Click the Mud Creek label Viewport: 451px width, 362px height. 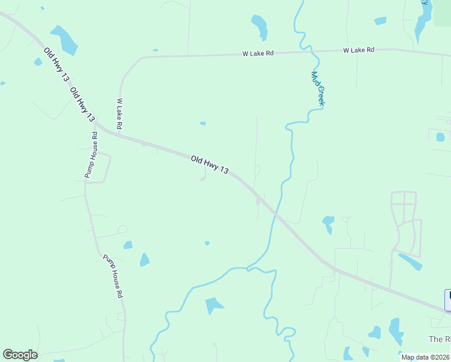(x=318, y=89)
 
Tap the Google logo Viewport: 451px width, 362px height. (x=20, y=355)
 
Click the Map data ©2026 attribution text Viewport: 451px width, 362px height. (x=425, y=357)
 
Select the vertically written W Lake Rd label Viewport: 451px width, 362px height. (x=119, y=113)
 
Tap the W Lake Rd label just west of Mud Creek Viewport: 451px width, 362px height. (x=258, y=54)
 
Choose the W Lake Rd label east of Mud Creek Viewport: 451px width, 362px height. (x=359, y=50)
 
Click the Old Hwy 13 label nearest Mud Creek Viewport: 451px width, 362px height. (x=209, y=165)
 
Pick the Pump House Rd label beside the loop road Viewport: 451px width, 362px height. (x=91, y=155)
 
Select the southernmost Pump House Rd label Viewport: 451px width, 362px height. (x=113, y=276)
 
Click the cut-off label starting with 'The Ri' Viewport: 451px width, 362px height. (x=440, y=339)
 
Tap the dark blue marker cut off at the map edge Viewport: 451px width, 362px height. (x=448, y=300)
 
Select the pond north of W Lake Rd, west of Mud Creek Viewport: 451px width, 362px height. (x=259, y=27)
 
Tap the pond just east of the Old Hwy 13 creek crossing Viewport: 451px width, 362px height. (x=328, y=223)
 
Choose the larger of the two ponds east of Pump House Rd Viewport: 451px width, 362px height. (x=144, y=260)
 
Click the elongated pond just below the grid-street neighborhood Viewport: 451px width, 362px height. (x=410, y=262)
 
